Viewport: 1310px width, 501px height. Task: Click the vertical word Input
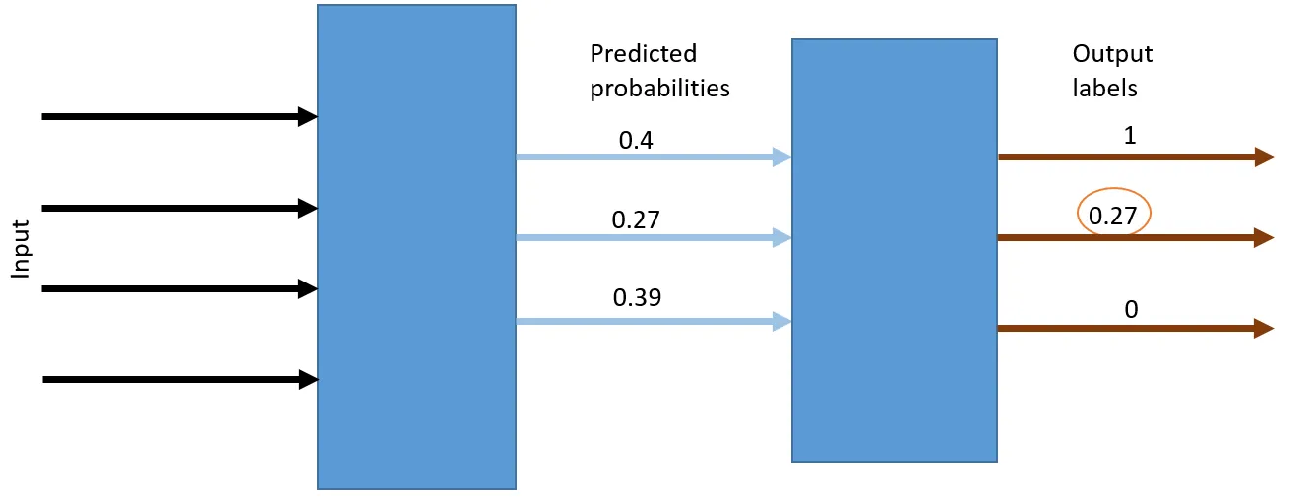coord(21,250)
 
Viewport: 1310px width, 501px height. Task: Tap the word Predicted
coord(644,54)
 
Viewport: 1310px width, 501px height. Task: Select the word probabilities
coord(659,89)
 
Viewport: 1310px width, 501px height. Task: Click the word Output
coord(1112,54)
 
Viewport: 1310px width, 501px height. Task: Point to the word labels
coord(1104,88)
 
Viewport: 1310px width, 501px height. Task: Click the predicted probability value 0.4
coord(636,141)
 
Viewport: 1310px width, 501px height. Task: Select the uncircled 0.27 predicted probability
coord(636,219)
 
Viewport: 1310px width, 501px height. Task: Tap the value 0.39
coord(637,297)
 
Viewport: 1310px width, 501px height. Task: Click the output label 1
coord(1130,136)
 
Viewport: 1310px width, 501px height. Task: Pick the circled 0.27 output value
coord(1112,216)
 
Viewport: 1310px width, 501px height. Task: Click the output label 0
coord(1131,309)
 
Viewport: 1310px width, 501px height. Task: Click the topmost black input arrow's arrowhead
coord(308,116)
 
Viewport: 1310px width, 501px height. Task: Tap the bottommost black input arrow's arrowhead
coord(309,379)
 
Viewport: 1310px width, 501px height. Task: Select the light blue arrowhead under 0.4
coord(781,157)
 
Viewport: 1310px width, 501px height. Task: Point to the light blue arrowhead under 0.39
coord(781,321)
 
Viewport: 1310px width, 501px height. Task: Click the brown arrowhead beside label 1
coord(1265,157)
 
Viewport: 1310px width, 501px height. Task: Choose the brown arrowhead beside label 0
coord(1264,328)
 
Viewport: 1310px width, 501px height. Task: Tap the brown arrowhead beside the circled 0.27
coord(1264,237)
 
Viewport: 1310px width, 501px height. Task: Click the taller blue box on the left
coord(416,247)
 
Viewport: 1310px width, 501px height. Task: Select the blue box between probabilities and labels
coord(895,250)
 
